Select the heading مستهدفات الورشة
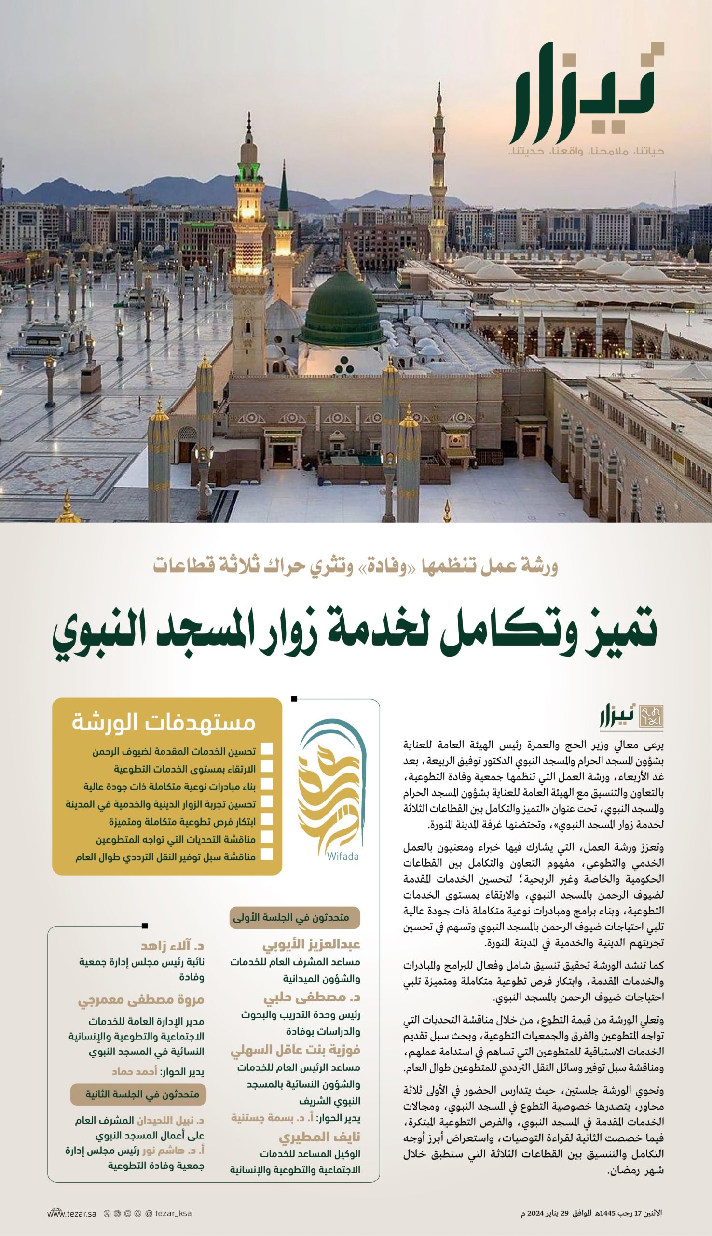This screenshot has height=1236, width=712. (x=164, y=723)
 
